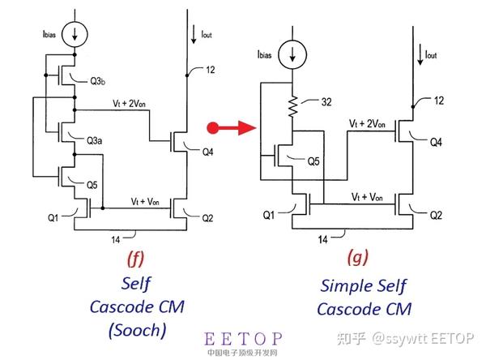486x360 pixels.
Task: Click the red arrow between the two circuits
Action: pos(230,126)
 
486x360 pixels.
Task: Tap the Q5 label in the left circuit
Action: pos(95,184)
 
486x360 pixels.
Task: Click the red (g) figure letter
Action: pos(357,259)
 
